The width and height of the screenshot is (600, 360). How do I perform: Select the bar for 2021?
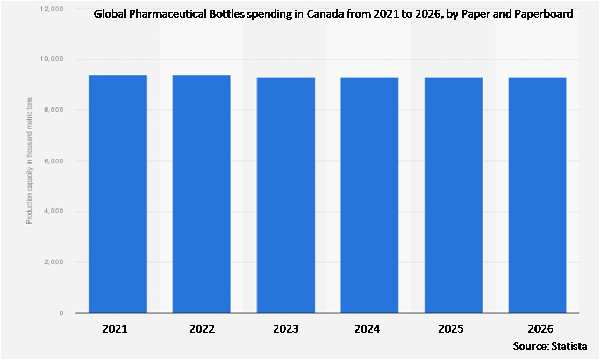(118, 194)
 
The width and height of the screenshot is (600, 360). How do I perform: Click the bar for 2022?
(202, 194)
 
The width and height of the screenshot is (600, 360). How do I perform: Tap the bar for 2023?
(285, 195)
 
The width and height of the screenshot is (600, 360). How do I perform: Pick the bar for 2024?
(369, 195)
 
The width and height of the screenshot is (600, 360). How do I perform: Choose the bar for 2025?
(453, 195)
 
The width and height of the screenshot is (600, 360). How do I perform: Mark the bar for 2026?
(537, 195)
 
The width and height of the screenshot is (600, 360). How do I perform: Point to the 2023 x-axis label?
(285, 328)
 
